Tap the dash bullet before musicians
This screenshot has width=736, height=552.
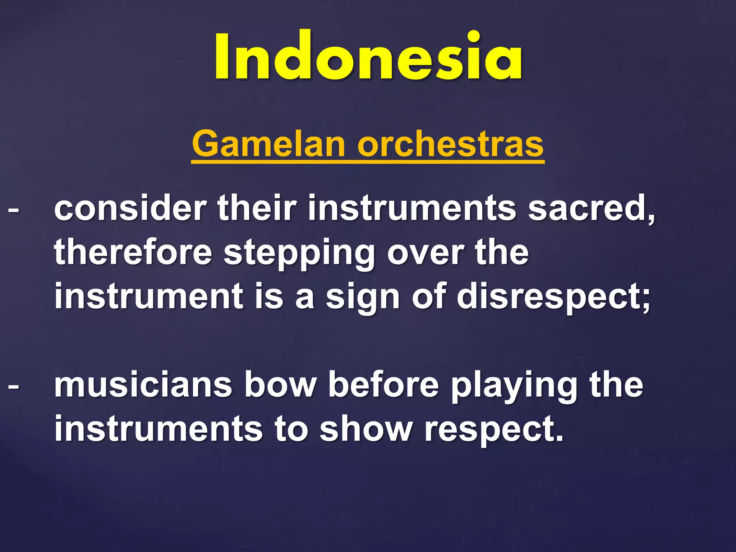click(x=13, y=387)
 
